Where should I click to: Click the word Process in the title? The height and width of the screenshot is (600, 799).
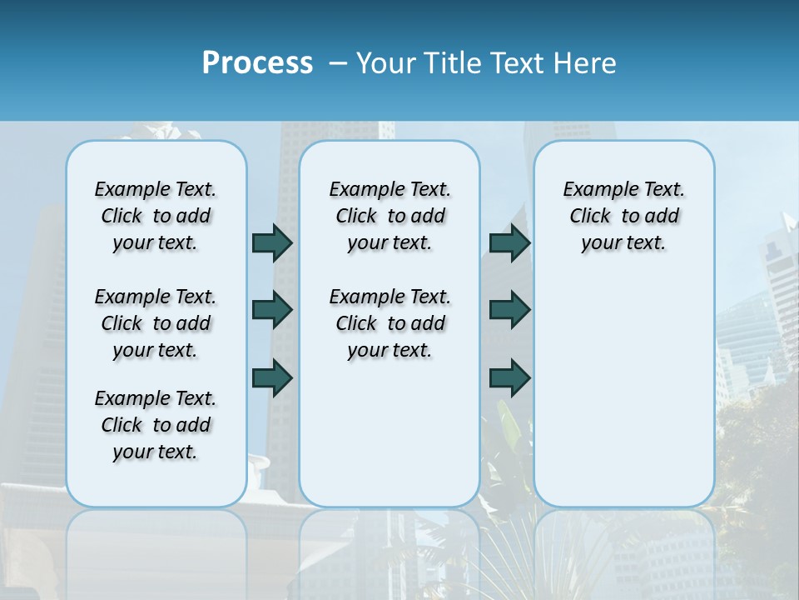[x=257, y=63]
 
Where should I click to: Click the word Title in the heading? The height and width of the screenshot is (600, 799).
[x=452, y=63]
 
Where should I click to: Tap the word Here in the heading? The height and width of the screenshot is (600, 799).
[x=586, y=63]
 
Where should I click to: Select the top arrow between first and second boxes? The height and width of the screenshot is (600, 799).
[x=272, y=242]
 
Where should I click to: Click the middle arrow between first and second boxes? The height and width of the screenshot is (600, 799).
[x=272, y=310]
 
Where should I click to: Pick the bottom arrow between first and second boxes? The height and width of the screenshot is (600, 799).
[x=272, y=377]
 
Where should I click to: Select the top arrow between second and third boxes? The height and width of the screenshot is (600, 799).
[x=509, y=242]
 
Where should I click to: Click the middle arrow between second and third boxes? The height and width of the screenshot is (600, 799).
[x=509, y=310]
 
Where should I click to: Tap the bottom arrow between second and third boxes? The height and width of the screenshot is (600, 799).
[x=509, y=377]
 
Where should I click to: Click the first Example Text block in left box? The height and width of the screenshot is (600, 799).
[x=156, y=216]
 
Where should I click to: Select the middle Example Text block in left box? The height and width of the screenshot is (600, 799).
[x=156, y=323]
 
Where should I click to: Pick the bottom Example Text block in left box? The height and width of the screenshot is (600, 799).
[x=156, y=425]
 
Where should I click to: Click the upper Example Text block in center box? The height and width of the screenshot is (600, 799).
[x=390, y=216]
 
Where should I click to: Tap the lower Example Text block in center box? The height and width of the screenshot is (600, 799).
[x=390, y=323]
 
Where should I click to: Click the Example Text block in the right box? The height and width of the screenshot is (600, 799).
[x=623, y=216]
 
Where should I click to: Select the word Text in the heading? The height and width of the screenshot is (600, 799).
[x=515, y=63]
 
